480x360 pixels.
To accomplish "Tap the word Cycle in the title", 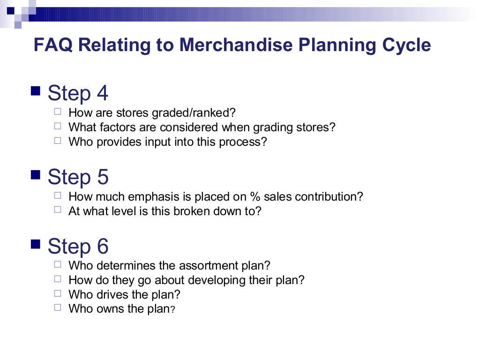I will (406, 45).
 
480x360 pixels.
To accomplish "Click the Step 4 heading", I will (78, 93).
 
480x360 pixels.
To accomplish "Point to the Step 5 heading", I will (78, 177).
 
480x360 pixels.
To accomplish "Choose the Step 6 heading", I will (78, 246).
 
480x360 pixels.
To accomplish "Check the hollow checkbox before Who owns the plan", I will (58, 307).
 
